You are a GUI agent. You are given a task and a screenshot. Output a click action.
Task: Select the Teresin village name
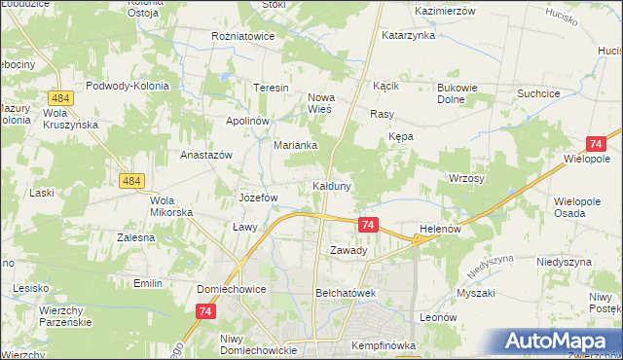[273, 88]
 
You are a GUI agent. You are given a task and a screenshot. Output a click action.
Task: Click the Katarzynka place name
[408, 35]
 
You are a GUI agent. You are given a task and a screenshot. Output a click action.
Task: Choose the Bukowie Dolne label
[457, 93]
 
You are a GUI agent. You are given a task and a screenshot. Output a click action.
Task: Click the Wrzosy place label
[466, 179]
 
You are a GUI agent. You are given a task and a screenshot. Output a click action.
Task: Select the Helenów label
[439, 229]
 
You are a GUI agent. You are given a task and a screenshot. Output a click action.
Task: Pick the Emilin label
[148, 283]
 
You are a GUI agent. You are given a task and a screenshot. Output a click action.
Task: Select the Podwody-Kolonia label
[128, 86]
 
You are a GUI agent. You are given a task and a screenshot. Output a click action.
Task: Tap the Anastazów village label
[205, 155]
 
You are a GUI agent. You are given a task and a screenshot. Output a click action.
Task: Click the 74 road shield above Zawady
[367, 225]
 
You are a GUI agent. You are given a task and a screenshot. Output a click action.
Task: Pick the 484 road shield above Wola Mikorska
[132, 181]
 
